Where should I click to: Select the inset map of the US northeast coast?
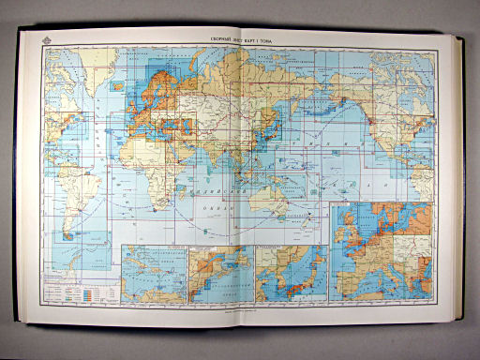point(220,273)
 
